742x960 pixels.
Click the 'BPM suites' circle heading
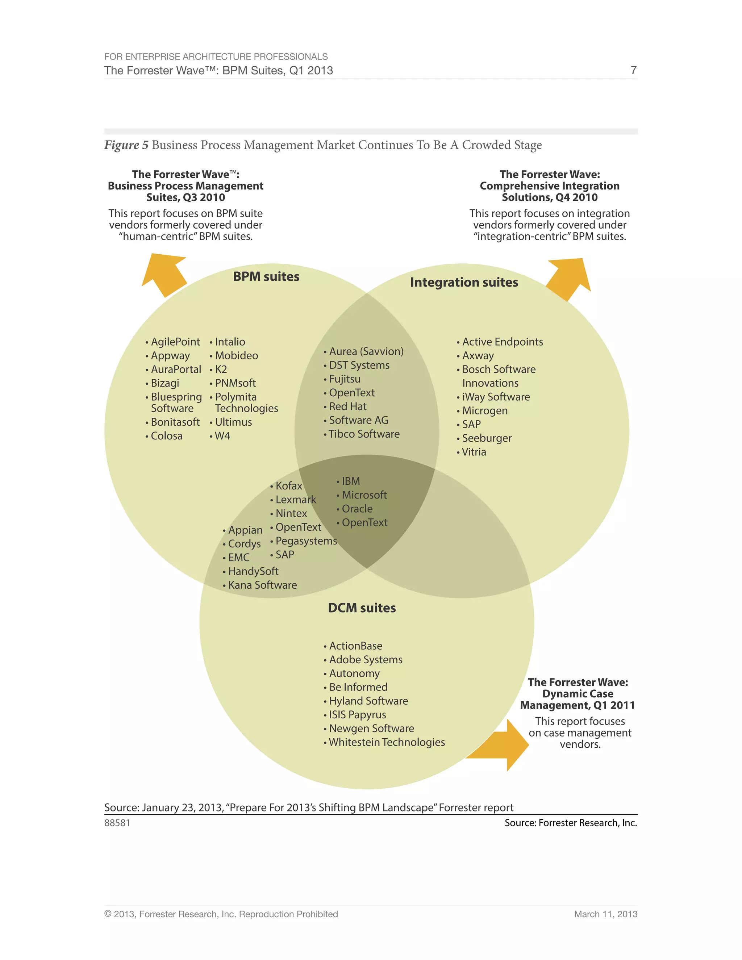pyautogui.click(x=266, y=276)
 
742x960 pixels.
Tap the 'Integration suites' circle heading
pyautogui.click(x=464, y=282)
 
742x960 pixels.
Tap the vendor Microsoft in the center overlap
pyautogui.click(x=364, y=495)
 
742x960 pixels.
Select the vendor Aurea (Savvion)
pyautogui.click(x=366, y=351)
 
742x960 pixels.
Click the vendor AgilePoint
pyautogui.click(x=175, y=342)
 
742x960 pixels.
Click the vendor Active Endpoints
pyautogui.click(x=502, y=342)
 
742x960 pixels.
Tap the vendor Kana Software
pyautogui.click(x=262, y=585)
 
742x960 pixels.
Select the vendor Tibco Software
pyautogui.click(x=364, y=434)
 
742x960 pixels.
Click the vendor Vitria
pyautogui.click(x=474, y=452)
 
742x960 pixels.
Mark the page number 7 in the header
pyautogui.click(x=633, y=70)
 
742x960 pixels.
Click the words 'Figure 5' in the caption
pyautogui.click(x=126, y=145)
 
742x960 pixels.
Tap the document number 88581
pyautogui.click(x=117, y=823)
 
